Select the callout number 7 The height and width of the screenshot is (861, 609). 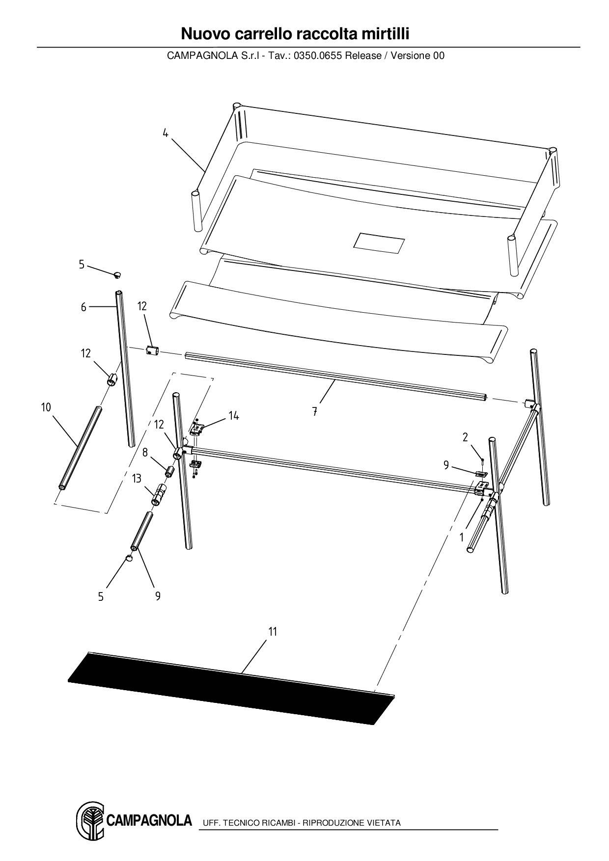[x=314, y=412]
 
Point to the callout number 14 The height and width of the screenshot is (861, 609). [x=234, y=416]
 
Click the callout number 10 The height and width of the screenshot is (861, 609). [x=46, y=407]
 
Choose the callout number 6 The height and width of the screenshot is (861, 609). [x=83, y=307]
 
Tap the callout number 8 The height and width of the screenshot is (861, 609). [x=145, y=452]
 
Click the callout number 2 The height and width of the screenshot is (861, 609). [x=465, y=437]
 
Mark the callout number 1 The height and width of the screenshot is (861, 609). [x=462, y=538]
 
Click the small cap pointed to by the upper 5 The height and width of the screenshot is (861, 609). [x=117, y=275]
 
